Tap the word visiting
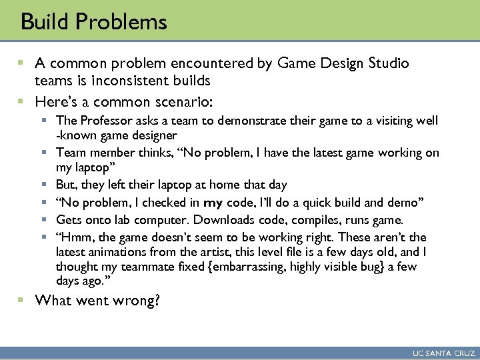pos(391,121)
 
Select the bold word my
pos(213,203)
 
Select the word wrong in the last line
pos(135,300)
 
